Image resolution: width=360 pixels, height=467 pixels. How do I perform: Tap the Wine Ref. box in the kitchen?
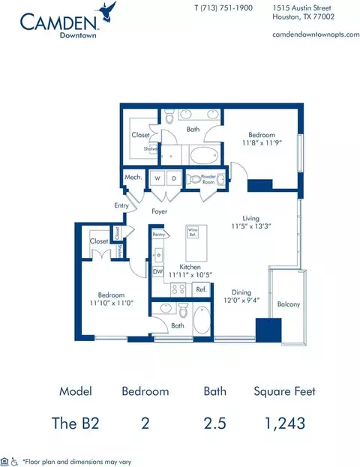[193, 232]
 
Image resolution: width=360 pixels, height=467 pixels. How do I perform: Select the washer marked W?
[158, 179]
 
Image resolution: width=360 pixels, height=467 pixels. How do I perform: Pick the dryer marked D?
[173, 179]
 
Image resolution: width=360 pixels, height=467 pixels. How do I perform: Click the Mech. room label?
[134, 178]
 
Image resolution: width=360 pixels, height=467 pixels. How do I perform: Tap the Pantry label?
[158, 235]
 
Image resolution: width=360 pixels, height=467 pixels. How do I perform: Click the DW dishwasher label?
[157, 273]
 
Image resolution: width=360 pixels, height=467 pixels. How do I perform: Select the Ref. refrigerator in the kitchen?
[201, 289]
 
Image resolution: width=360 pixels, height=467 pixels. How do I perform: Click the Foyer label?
[159, 212]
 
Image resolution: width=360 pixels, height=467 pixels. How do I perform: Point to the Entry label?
[121, 204]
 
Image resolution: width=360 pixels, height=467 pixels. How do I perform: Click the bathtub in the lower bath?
[203, 321]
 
